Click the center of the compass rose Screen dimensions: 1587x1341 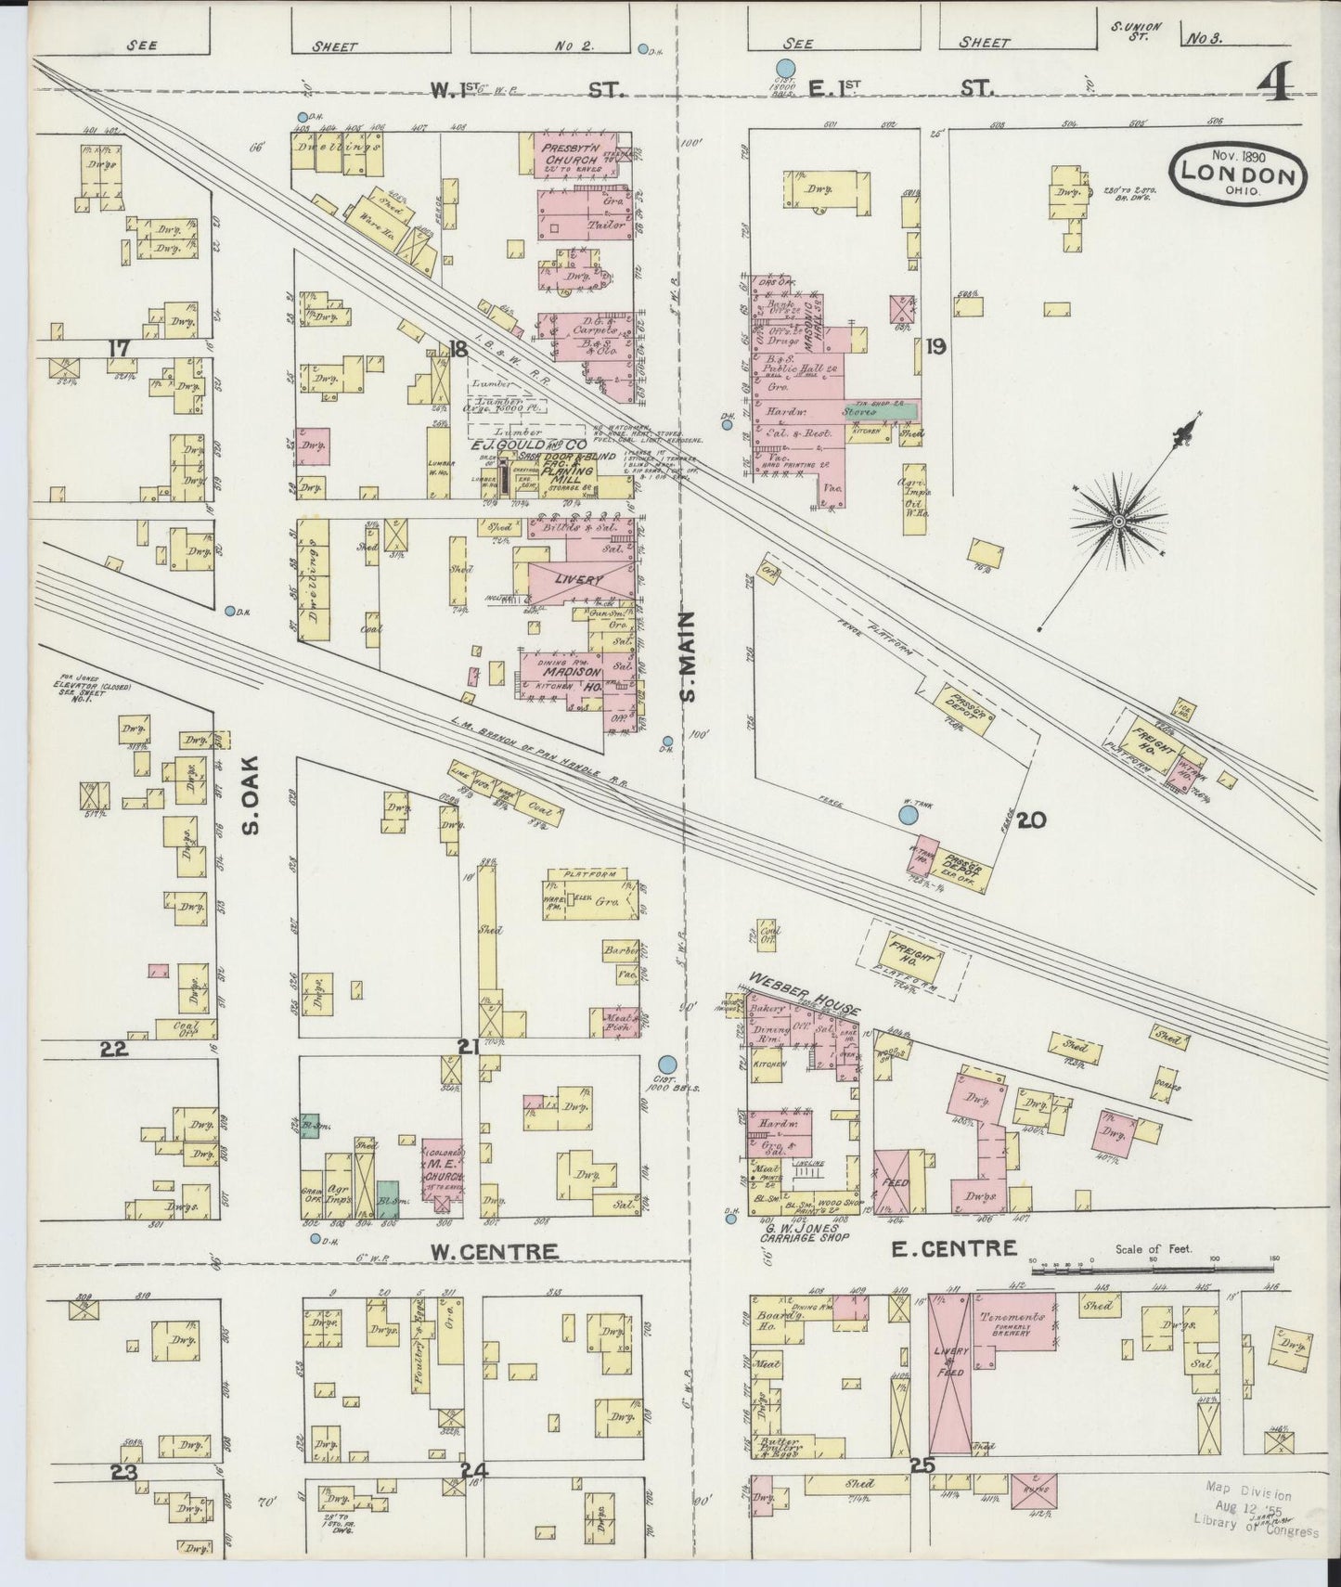(x=1119, y=523)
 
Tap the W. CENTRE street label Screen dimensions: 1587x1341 (x=495, y=1251)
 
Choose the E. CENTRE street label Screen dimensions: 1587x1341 (x=954, y=1248)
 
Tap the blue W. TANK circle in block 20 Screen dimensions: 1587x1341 (x=909, y=815)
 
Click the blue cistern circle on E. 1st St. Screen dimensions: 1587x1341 (x=785, y=68)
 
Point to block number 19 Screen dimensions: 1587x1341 (x=935, y=347)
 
